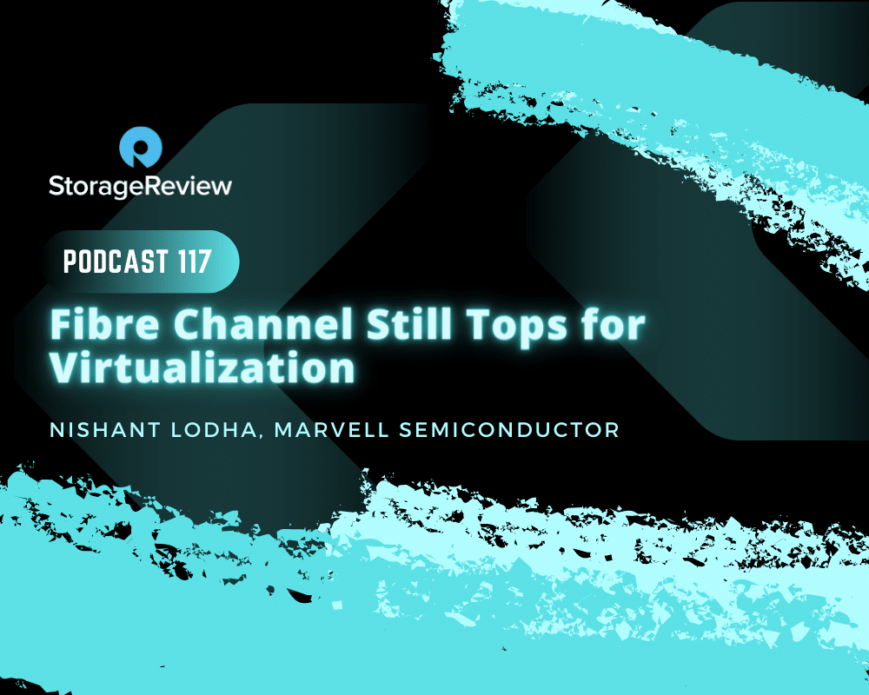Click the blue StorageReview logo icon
click(x=140, y=147)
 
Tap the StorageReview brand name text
click(x=140, y=186)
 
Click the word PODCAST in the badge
click(x=116, y=261)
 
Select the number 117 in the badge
click(x=195, y=261)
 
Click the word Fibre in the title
click(x=105, y=324)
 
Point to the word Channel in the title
click(x=262, y=324)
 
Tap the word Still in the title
click(x=408, y=324)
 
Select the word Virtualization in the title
click(x=202, y=367)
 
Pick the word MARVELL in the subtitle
click(x=331, y=430)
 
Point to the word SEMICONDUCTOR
click(x=508, y=430)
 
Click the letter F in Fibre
click(x=61, y=324)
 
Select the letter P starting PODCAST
click(x=70, y=261)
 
